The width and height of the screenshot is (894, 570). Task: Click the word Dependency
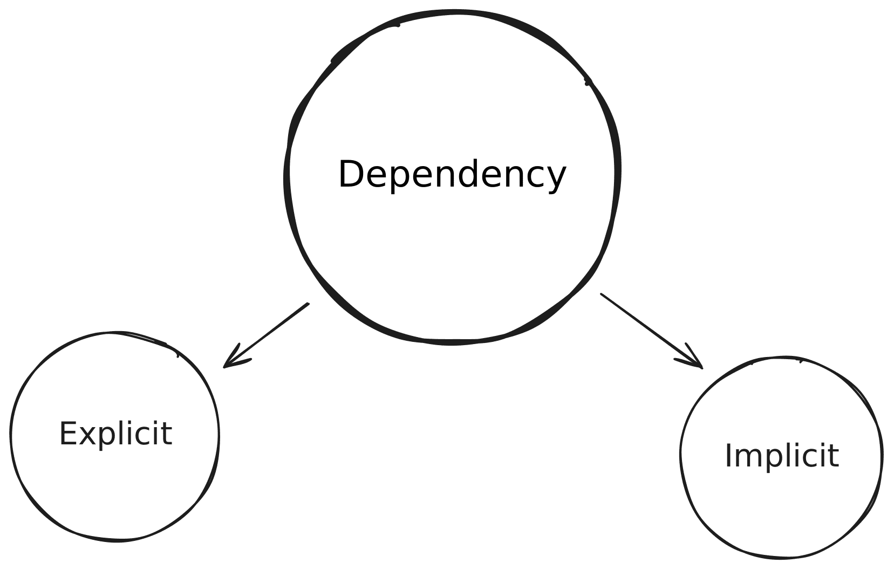(x=452, y=175)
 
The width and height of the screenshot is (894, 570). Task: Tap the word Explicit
(x=115, y=434)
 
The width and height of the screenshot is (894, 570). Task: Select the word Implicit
(x=781, y=456)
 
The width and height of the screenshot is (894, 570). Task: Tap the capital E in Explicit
(x=67, y=434)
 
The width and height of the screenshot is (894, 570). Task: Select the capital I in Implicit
(x=729, y=456)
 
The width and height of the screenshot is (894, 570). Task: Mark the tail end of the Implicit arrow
(x=602, y=294)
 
